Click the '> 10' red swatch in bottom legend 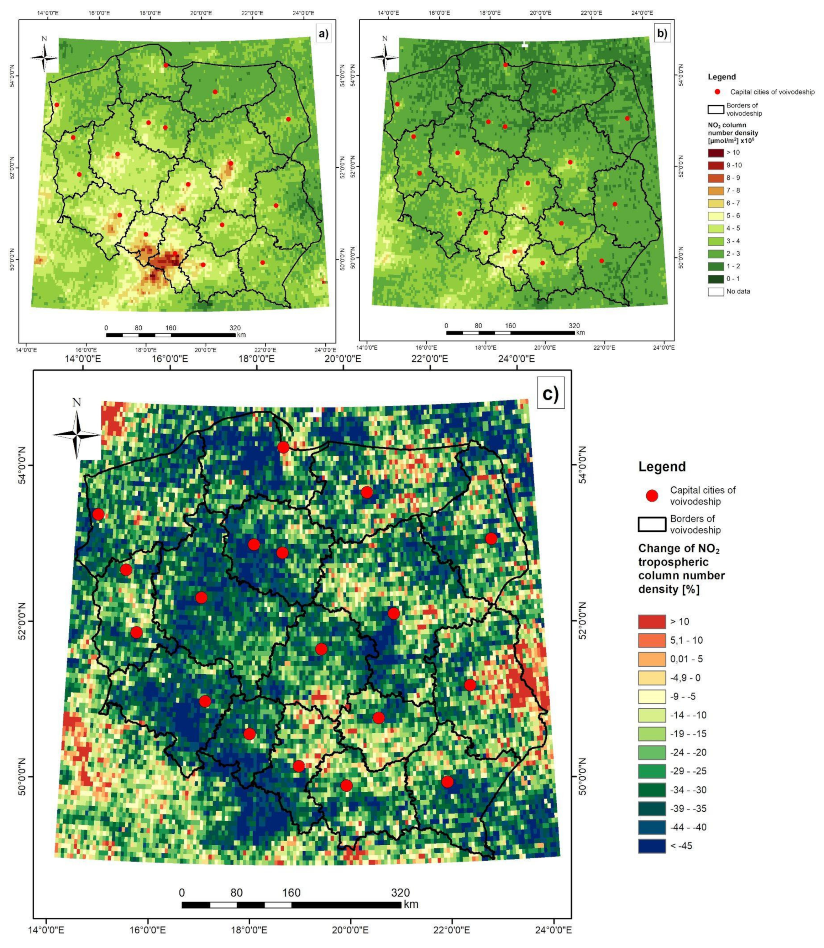[x=652, y=622]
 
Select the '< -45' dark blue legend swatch [x=652, y=846]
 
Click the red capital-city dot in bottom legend [x=652, y=496]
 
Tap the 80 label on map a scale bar [x=138, y=328]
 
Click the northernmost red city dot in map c [x=283, y=447]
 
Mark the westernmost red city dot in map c [x=98, y=514]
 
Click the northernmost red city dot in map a [x=166, y=65]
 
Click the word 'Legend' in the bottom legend [x=662, y=467]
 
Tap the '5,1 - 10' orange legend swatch [x=652, y=640]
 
